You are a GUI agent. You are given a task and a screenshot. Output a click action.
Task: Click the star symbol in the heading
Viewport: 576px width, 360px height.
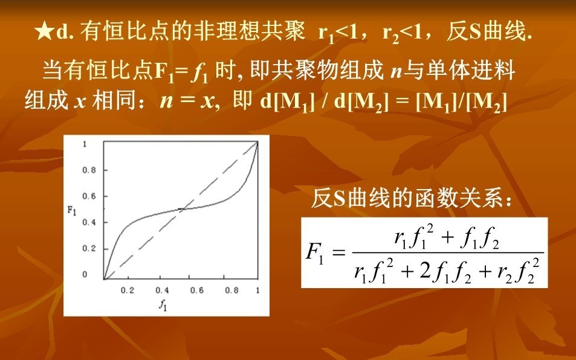(x=45, y=32)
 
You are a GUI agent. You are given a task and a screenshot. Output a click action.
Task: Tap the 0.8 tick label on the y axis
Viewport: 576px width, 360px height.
(x=88, y=170)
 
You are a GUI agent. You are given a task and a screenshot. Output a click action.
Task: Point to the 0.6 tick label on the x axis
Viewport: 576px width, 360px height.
(x=196, y=291)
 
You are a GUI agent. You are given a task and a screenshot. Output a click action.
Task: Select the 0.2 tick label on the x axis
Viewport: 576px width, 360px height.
(x=127, y=291)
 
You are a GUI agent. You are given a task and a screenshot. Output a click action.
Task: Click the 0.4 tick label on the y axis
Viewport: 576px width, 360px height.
(x=88, y=222)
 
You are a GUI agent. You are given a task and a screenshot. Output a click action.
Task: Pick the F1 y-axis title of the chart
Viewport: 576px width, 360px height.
(x=72, y=210)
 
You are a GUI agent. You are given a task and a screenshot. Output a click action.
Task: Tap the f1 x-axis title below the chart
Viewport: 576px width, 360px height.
(x=163, y=304)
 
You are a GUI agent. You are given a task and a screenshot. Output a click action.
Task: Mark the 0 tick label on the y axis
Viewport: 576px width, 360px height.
(x=85, y=274)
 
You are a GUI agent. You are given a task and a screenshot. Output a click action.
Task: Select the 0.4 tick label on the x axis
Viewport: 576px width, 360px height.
(x=161, y=291)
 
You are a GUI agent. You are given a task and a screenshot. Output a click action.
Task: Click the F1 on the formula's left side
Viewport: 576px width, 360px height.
(x=314, y=253)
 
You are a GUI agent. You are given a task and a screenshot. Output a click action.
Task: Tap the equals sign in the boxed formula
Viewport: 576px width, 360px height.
(x=338, y=253)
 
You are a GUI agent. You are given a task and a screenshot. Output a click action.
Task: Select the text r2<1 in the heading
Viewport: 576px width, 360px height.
(x=403, y=33)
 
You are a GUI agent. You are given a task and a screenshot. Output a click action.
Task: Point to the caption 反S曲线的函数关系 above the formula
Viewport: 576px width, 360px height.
(x=412, y=198)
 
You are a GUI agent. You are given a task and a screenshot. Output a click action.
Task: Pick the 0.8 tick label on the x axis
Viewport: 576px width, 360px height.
(x=231, y=291)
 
